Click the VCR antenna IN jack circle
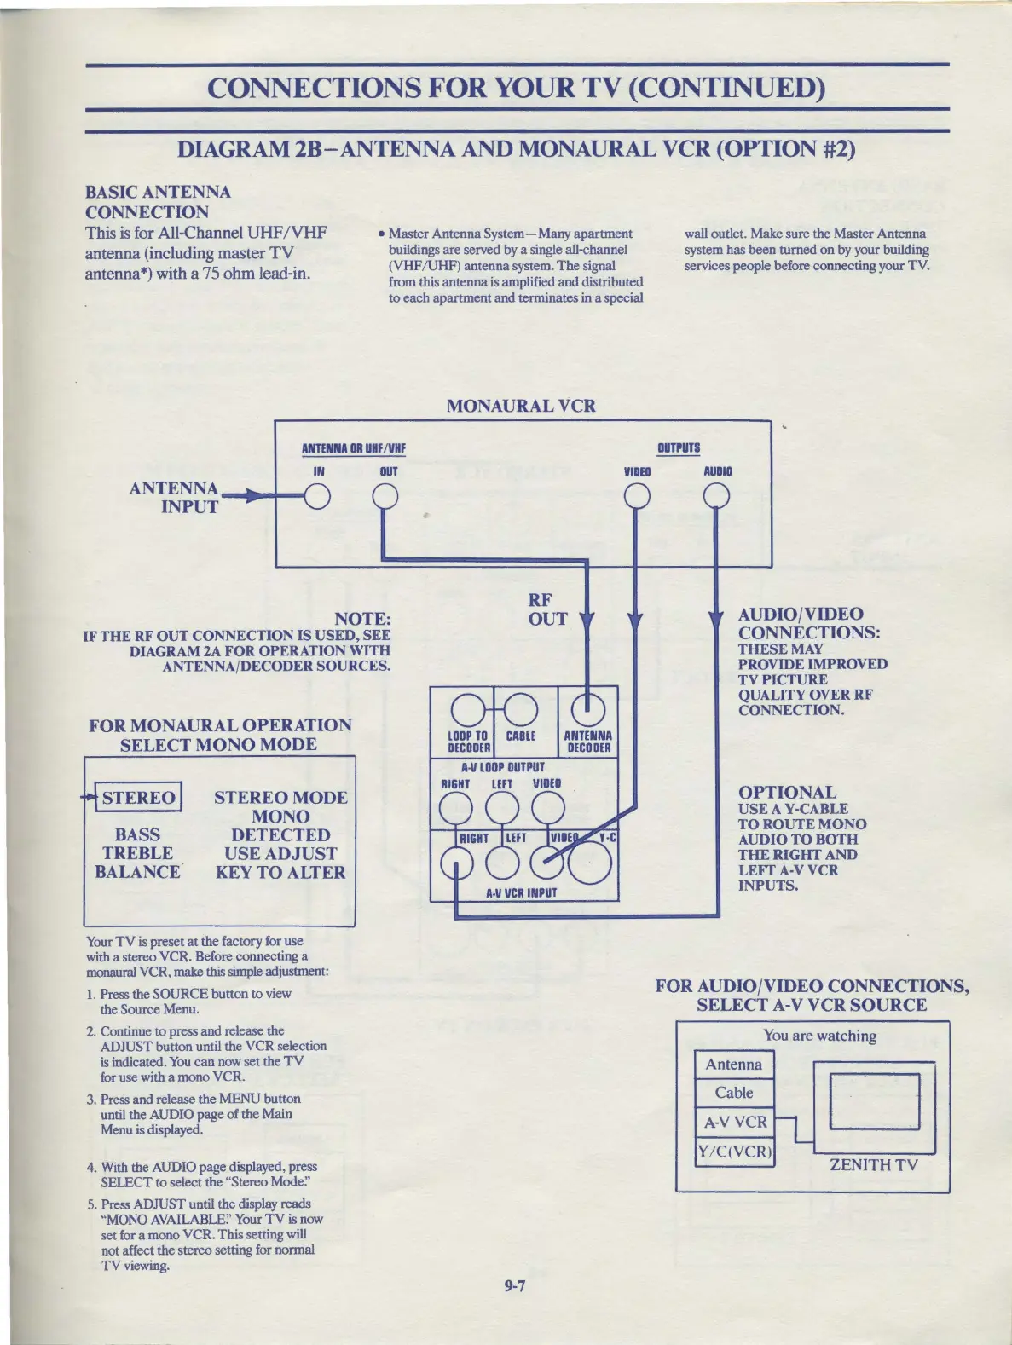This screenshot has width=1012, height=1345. tap(318, 496)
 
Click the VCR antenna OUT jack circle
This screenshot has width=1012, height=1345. tap(385, 496)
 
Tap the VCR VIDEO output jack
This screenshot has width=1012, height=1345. tap(637, 496)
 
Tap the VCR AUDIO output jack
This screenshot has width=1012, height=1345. tap(716, 496)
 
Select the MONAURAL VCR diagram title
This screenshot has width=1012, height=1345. tap(521, 406)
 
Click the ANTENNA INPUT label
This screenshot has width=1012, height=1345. tap(174, 498)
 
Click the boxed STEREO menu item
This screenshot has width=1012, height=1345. tap(138, 798)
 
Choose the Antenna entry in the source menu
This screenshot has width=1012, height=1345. tap(734, 1065)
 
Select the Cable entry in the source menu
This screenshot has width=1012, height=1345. tap(734, 1093)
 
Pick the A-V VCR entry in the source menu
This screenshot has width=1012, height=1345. tap(735, 1122)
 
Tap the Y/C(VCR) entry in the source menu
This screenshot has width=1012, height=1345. tap(735, 1152)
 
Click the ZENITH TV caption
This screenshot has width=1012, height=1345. tap(873, 1165)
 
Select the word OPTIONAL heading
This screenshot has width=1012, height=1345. tap(787, 792)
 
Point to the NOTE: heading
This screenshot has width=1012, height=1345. tap(362, 619)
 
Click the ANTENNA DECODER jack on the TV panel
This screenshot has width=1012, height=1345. tap(587, 708)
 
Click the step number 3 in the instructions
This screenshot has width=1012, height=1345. tap(90, 1100)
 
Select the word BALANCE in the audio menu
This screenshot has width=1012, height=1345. tap(137, 872)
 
